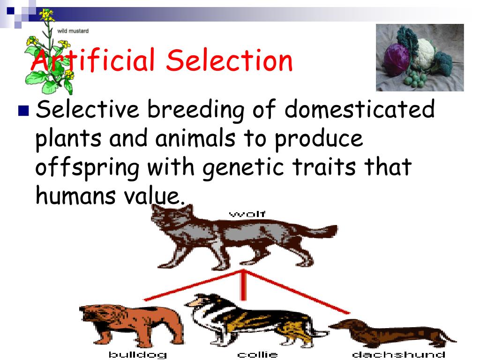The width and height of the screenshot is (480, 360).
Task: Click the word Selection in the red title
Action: click(x=229, y=61)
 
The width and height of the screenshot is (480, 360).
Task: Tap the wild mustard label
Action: click(x=73, y=31)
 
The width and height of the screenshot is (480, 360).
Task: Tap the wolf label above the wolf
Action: click(x=247, y=215)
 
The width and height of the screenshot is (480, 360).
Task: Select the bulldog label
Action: click(x=137, y=354)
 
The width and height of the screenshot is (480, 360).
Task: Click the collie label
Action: click(x=257, y=354)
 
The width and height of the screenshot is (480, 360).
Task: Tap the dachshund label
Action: click(x=398, y=354)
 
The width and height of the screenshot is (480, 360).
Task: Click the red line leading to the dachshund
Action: click(x=300, y=292)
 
